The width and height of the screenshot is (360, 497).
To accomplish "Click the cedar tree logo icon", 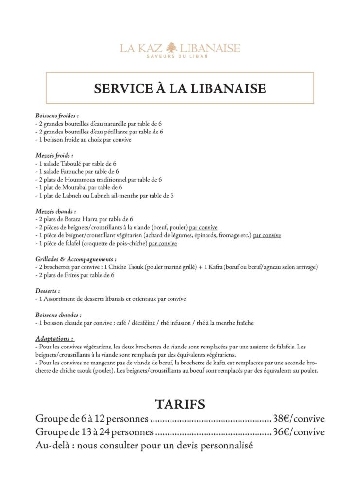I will point(170,48).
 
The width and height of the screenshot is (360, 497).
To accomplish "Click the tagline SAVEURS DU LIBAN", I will point(180,57).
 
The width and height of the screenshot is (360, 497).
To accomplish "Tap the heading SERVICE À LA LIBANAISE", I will point(180,88).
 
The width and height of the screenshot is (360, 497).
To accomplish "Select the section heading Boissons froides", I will point(57,116).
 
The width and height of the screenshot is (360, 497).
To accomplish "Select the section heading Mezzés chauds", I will point(56,211).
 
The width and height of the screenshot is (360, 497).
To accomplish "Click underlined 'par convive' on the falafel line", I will point(163,243).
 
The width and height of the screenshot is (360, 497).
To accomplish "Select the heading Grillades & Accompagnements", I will point(76,259).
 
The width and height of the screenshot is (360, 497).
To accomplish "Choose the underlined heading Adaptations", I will point(55,338).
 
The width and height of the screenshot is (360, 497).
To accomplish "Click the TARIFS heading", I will point(180,404).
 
